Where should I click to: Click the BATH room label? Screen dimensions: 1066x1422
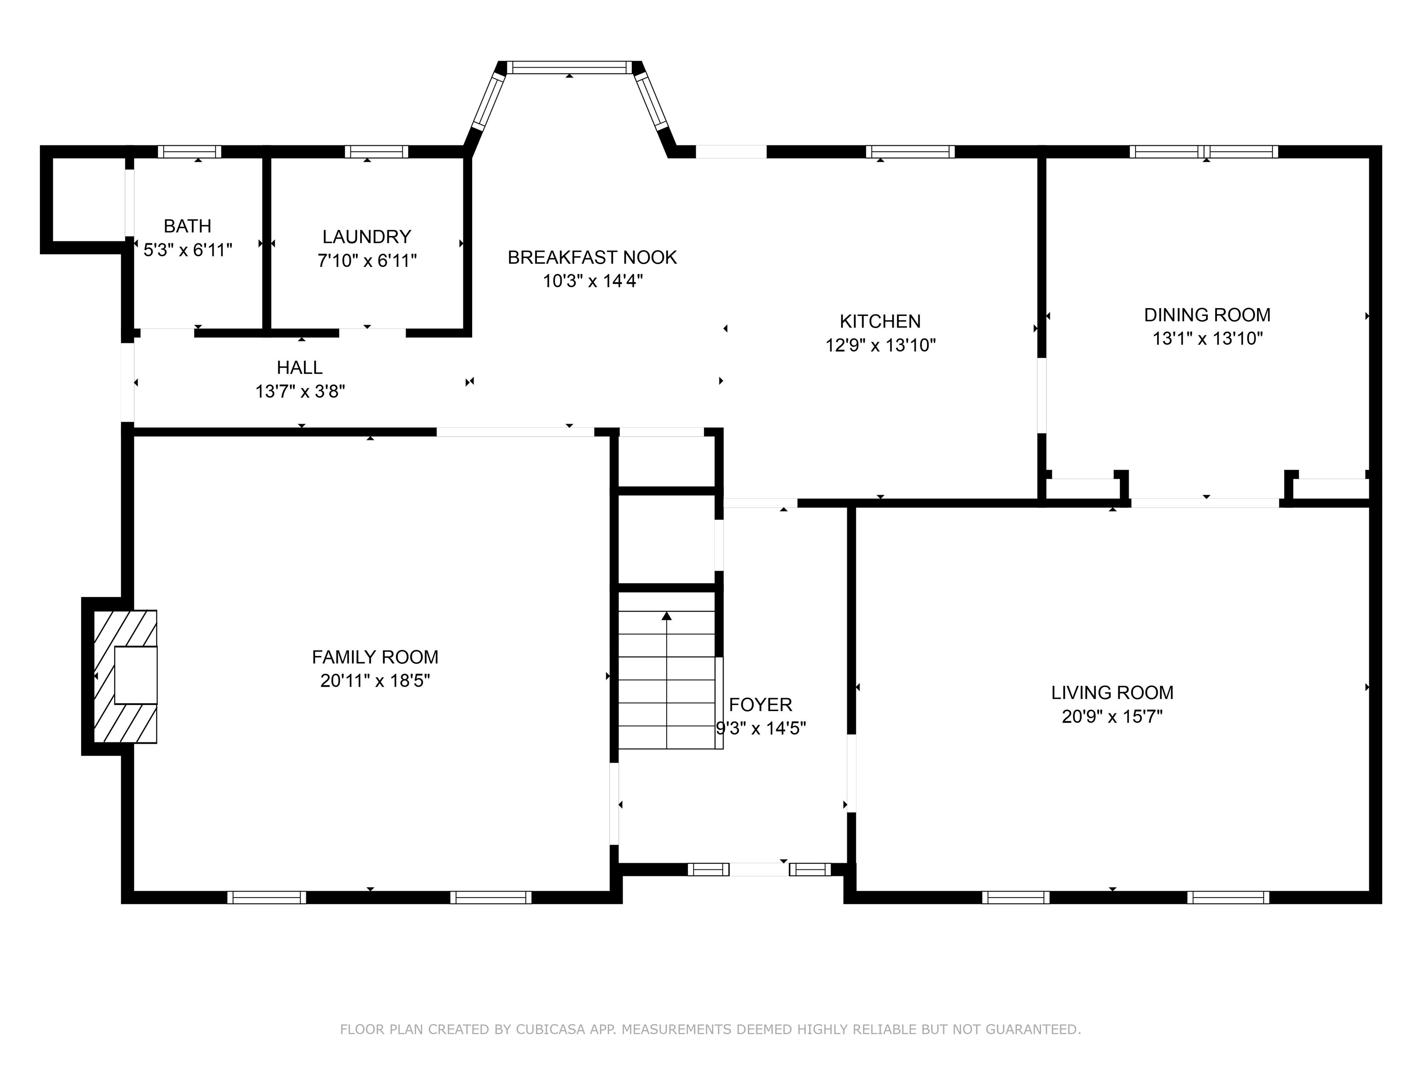click(187, 226)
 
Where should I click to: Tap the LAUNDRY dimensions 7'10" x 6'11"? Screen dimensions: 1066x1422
click(367, 261)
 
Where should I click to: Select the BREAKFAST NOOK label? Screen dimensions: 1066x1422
click(592, 258)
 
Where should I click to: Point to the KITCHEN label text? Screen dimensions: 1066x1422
click(879, 321)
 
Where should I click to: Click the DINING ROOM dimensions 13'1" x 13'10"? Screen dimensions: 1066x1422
click(1207, 339)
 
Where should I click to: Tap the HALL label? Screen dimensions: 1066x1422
click(299, 367)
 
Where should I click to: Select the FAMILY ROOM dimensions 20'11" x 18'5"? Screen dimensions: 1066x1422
click(375, 681)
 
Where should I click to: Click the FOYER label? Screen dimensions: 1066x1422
click(760, 705)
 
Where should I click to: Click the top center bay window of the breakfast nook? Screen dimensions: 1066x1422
click(569, 68)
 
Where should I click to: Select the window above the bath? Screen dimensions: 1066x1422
click(190, 152)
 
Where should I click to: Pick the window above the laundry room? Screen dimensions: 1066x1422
click(376, 152)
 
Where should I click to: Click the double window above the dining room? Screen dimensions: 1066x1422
click(1204, 152)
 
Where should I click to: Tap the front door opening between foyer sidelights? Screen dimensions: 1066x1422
click(759, 869)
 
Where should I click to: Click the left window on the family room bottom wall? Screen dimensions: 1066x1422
click(266, 898)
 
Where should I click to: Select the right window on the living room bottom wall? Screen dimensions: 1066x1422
click(1228, 898)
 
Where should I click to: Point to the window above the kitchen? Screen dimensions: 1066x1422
click(910, 152)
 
